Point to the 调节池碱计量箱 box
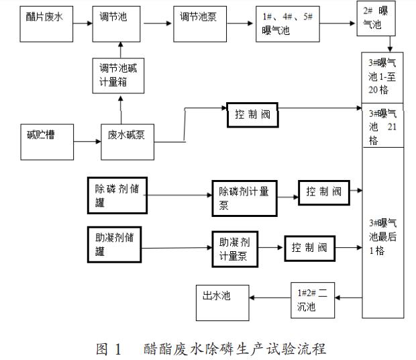(119, 76)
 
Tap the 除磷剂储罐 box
(115, 195)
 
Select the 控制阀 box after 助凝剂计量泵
(309, 249)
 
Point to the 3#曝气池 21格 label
(382, 127)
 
